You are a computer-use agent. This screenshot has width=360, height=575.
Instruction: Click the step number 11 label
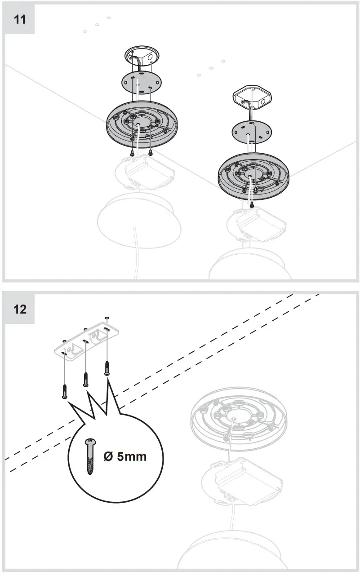(20, 20)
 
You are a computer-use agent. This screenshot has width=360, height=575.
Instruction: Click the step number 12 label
(20, 309)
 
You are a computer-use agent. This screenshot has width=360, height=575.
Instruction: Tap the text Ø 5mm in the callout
(125, 456)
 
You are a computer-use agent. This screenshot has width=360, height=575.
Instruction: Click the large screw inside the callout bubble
(90, 456)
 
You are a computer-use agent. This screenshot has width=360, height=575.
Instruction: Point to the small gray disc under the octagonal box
(252, 132)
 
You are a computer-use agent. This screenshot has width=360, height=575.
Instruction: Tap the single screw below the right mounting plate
(251, 204)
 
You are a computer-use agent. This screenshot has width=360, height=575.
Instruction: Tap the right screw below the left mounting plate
(150, 152)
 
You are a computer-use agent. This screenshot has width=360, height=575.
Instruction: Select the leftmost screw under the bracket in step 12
(65, 391)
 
